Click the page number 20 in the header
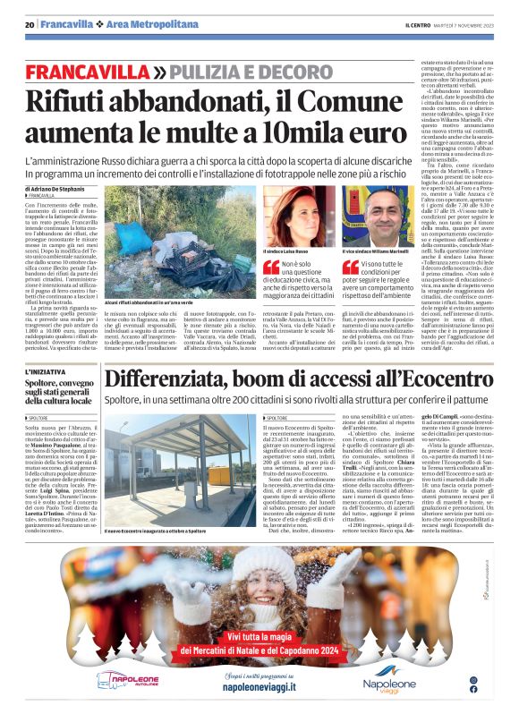click(x=30, y=24)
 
